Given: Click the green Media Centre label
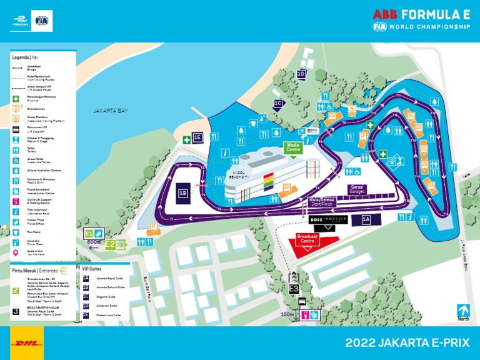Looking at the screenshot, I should tap(293, 148).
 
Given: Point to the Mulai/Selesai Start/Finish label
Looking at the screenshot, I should tap(323, 202).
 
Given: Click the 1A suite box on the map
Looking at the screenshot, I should tap(366, 219).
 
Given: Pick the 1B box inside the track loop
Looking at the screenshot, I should tap(183, 194).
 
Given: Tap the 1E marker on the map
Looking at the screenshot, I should tap(197, 137).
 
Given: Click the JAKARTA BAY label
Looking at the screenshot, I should tap(110, 111).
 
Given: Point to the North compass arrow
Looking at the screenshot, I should tap(462, 310).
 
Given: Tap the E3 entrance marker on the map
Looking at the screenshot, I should tap(294, 289).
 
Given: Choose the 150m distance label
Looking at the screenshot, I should tap(287, 314).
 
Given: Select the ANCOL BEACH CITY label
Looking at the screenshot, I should tap(240, 176).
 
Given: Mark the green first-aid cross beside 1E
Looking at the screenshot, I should tap(186, 139).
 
